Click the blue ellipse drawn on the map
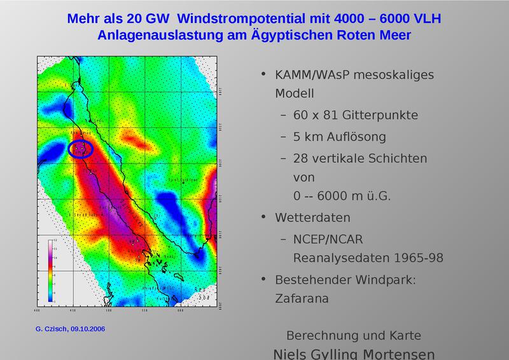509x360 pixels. click(x=81, y=149)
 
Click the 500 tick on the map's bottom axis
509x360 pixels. click(x=108, y=312)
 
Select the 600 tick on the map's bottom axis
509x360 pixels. click(x=180, y=312)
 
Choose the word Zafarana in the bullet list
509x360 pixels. click(x=302, y=298)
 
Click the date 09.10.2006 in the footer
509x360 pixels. click(x=86, y=329)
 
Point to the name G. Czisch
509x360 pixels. click(x=48, y=329)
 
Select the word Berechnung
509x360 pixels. click(x=323, y=336)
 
